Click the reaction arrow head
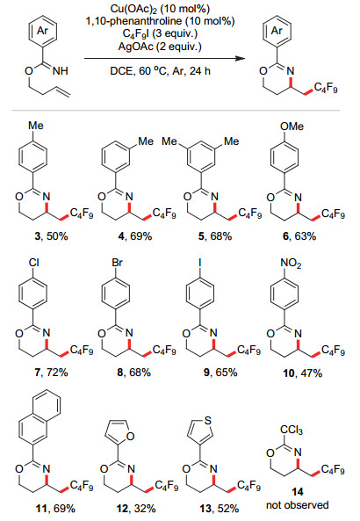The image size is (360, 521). tap(241, 59)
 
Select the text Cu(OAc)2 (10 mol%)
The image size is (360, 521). tap(160, 9)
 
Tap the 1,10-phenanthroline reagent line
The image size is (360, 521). tap(160, 21)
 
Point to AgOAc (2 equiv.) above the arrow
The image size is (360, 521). tap(160, 46)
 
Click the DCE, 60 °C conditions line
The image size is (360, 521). tap(160, 71)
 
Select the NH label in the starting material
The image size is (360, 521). tap(60, 71)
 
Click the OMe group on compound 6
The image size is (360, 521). tap(292, 127)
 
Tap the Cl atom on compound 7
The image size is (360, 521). tap(33, 263)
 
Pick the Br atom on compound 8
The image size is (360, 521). tap(117, 263)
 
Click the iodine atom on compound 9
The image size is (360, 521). tap(200, 263)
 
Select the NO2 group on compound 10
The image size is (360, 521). tap(291, 264)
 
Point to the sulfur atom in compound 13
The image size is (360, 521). tap(208, 421)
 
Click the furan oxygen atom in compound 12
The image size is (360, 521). tap(130, 436)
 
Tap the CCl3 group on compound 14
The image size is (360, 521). tap(292, 431)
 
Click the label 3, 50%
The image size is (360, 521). tap(51, 236)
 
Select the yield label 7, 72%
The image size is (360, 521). tap(51, 373)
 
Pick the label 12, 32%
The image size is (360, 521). tap(136, 509)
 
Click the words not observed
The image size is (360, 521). tap(298, 505)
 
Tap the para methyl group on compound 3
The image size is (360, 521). tap(35, 126)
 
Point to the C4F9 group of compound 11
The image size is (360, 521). tap(82, 487)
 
